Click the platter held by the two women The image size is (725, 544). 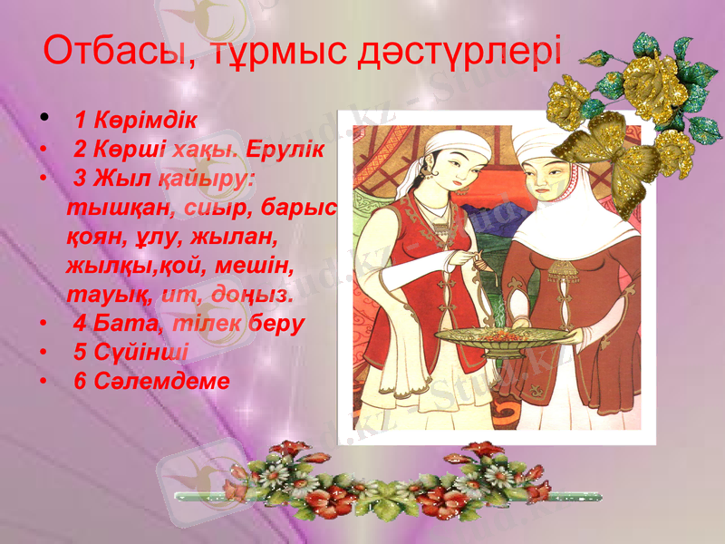pyautogui.click(x=502, y=336)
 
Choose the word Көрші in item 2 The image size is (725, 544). pyautogui.click(x=130, y=148)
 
